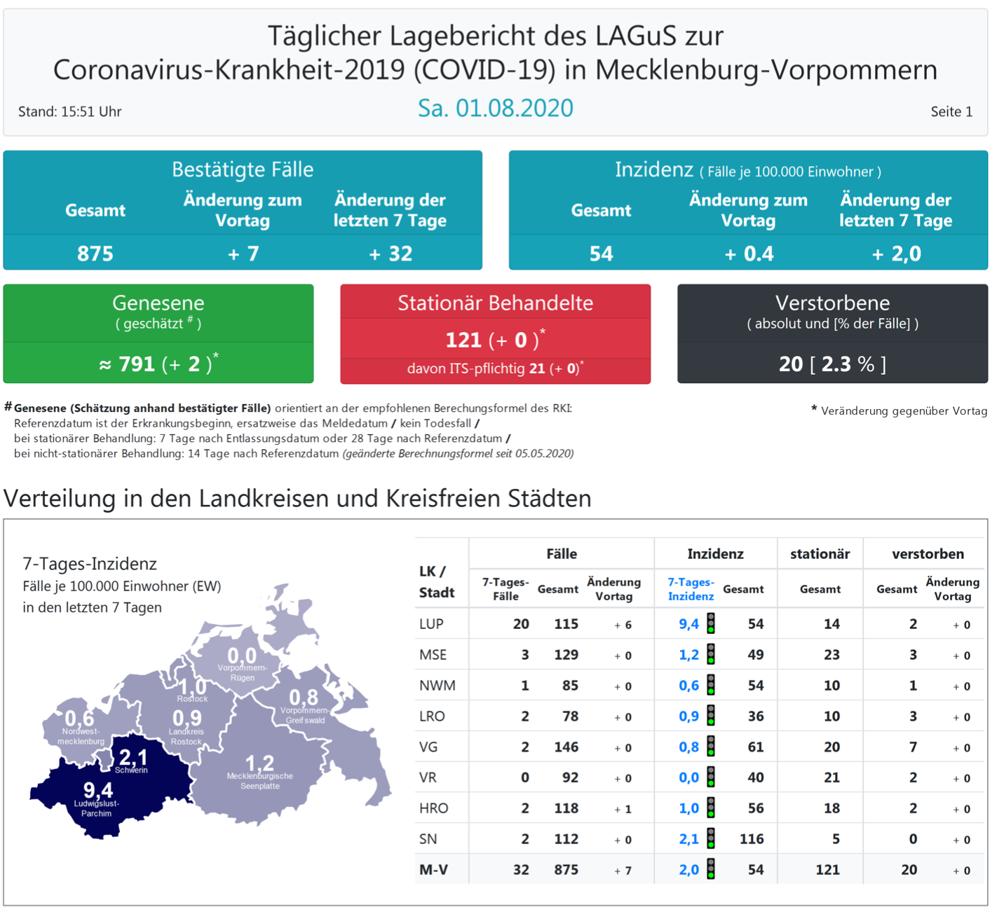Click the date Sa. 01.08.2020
[x=495, y=109]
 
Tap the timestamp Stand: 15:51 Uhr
[x=69, y=112]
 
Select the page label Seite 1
[x=951, y=112]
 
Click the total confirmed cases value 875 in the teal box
[x=95, y=254]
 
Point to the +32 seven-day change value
[x=391, y=254]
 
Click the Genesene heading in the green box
[x=158, y=303]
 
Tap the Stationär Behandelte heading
[x=495, y=303]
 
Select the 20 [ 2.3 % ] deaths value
[x=832, y=364]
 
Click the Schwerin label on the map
[x=131, y=771]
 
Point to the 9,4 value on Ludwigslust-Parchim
[x=97, y=790]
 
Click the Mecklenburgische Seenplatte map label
[x=260, y=781]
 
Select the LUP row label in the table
[x=431, y=624]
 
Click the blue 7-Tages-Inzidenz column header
[x=691, y=589]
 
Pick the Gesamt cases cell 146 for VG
[x=566, y=747]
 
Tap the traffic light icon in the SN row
[x=711, y=838]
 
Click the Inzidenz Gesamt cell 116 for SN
[x=752, y=839]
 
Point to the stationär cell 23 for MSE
[x=832, y=655]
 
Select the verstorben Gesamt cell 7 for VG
[x=913, y=747]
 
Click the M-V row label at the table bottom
[x=433, y=870]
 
